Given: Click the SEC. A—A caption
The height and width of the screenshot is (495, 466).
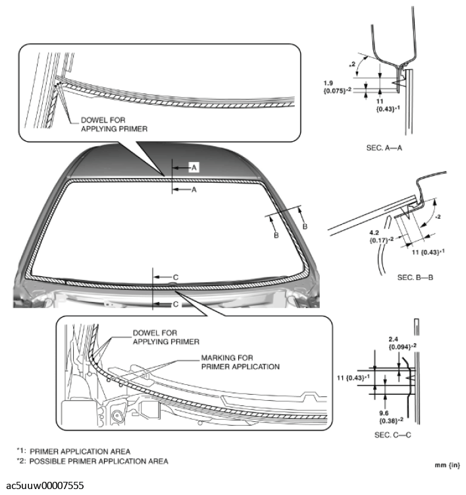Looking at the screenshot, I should click(x=384, y=148).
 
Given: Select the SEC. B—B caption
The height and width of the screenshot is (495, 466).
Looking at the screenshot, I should click(x=415, y=277).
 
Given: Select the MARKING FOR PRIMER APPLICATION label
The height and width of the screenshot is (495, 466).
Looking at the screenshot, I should click(x=240, y=362).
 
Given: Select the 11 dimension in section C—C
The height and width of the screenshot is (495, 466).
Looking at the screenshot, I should click(x=342, y=377).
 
